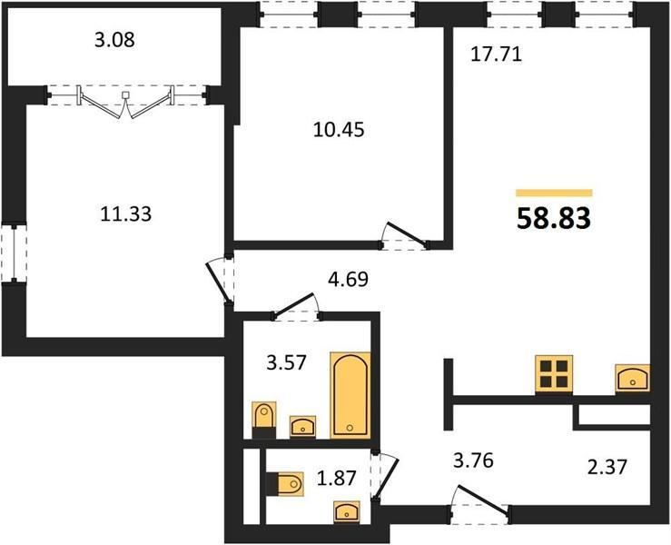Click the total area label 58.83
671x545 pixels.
(x=554, y=218)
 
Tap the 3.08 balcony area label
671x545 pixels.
(x=114, y=40)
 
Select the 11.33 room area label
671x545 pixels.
(x=126, y=213)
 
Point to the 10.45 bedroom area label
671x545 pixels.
(x=339, y=129)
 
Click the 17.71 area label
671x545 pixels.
(x=497, y=54)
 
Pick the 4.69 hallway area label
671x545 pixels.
(x=348, y=280)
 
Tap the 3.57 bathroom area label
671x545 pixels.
(x=286, y=362)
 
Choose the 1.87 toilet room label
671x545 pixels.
(x=336, y=478)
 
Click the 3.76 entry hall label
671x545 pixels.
(x=473, y=461)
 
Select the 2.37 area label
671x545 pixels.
(x=607, y=466)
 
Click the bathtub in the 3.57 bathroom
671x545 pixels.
(x=350, y=395)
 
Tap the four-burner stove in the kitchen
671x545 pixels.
(x=554, y=373)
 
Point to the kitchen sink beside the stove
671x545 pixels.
(x=633, y=378)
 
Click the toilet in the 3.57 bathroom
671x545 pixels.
(x=264, y=420)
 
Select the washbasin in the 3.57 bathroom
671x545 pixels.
(x=303, y=426)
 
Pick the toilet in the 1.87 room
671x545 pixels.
(x=284, y=484)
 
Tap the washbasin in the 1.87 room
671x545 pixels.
(x=347, y=511)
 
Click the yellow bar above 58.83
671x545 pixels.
(x=554, y=193)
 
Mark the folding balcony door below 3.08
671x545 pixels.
(x=125, y=102)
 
